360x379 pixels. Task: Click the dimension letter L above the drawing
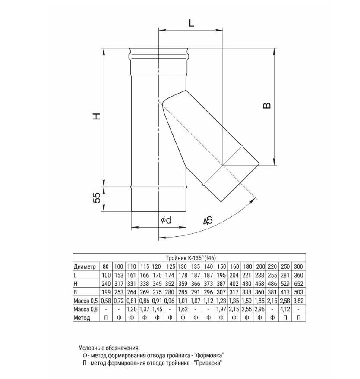[x=191, y=23]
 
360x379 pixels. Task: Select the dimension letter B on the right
[x=267, y=105]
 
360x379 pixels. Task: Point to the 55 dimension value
[x=97, y=198]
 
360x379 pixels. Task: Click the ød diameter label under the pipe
[x=166, y=220]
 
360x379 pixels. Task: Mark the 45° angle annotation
[x=208, y=220]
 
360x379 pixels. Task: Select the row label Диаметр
[x=85, y=266]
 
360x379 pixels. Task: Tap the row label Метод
[x=82, y=318]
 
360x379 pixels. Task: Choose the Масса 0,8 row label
[x=86, y=309]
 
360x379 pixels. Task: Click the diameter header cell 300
[x=299, y=266]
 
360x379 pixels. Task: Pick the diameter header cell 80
[x=105, y=266]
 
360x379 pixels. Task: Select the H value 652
[x=299, y=283]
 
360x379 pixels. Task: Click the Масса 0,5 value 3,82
[x=299, y=301]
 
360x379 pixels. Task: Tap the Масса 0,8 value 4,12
[x=286, y=309]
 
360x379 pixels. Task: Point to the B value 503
[x=299, y=292]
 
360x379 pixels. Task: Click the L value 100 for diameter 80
[x=105, y=275]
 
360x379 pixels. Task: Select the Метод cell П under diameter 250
[x=286, y=318]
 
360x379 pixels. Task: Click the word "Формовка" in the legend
[x=209, y=355]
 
